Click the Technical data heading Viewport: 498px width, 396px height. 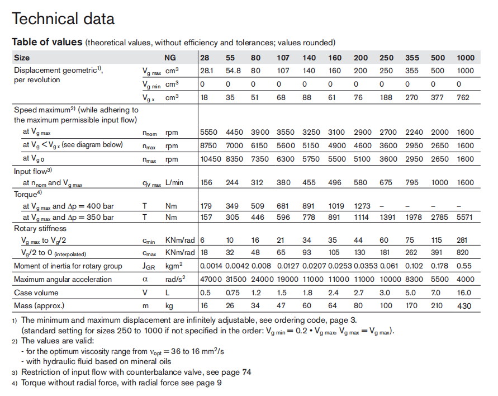63,18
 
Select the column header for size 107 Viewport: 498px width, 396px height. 283,58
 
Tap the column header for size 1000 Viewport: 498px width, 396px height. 466,58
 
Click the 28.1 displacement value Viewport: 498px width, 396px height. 207,71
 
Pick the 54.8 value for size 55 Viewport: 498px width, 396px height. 233,71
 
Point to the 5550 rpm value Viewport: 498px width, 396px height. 209,133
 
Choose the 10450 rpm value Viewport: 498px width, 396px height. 211,158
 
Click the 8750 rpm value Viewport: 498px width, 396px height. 209,145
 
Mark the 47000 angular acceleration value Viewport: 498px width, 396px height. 211,279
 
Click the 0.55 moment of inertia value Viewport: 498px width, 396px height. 465,266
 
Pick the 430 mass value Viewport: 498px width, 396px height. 464,306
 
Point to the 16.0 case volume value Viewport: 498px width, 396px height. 465,293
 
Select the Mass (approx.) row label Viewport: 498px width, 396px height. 39,306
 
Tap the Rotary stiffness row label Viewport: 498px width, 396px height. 40,228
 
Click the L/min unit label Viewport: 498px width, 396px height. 175,183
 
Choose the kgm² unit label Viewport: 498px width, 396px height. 176,266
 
